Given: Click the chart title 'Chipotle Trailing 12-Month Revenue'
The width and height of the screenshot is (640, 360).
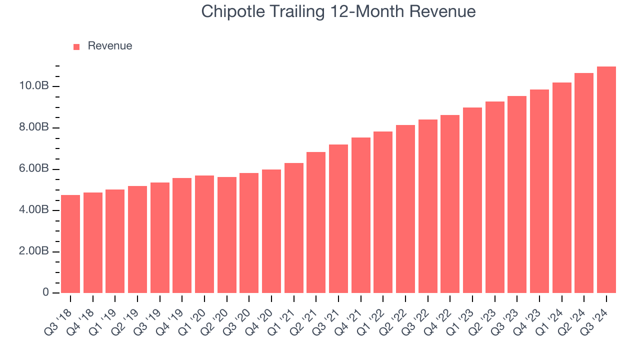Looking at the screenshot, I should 338,11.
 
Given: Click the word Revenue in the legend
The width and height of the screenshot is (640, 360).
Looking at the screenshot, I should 109,46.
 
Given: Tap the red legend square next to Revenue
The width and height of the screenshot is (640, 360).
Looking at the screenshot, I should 76,46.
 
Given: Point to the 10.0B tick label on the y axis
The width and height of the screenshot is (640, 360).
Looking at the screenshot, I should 33,86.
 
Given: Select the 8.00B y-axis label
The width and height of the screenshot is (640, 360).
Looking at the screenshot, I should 33,128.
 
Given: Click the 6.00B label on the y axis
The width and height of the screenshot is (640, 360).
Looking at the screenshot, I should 33,169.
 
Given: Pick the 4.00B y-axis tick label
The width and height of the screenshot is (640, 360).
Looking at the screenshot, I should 33,210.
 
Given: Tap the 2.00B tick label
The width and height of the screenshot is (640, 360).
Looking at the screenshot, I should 33,251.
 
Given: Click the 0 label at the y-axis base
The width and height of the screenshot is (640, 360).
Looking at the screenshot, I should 45,292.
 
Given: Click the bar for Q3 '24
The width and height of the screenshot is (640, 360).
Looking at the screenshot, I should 606,180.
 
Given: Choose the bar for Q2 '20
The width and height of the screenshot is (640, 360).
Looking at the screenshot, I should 227,235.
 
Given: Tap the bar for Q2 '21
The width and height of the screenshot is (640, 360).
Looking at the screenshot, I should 316,222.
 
